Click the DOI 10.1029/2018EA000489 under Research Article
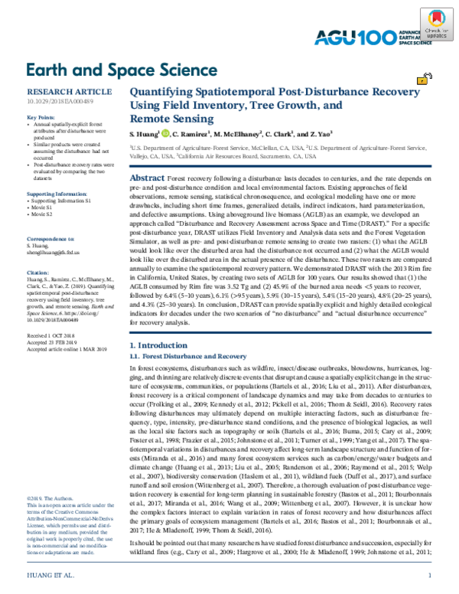point(60,100)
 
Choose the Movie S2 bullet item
point(47,193)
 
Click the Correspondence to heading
point(53,209)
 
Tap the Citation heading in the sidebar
point(37,250)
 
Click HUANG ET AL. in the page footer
point(51,573)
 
